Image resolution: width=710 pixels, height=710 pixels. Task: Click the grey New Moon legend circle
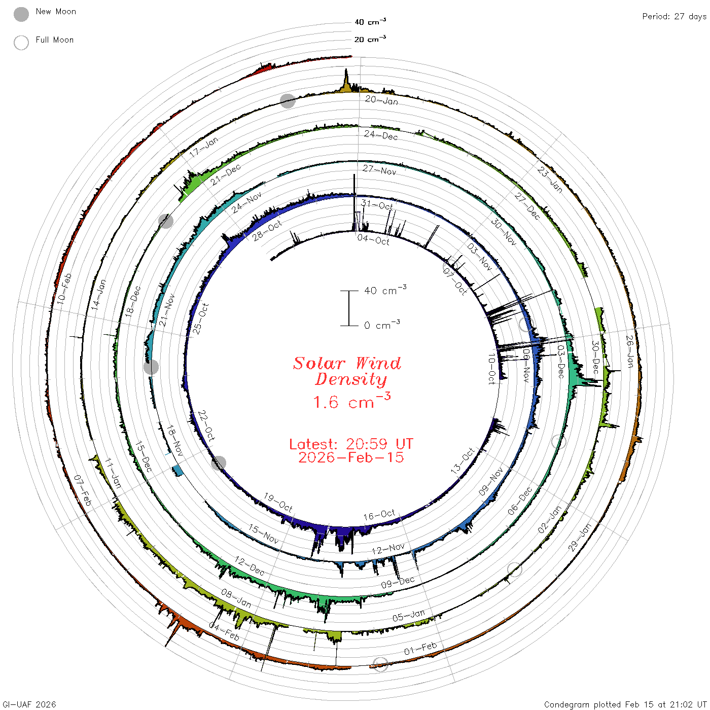21,14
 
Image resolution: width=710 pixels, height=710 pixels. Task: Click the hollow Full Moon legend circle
21,43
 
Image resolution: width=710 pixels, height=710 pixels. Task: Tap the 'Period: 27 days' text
674,17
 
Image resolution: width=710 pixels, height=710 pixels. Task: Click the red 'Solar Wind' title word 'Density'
351,379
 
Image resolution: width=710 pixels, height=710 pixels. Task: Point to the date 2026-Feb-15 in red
351,457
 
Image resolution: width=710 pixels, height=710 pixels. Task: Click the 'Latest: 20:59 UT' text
351,444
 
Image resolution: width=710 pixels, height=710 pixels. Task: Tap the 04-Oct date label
373,240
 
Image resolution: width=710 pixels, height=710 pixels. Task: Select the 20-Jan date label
381,100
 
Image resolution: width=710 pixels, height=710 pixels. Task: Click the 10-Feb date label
64,289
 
